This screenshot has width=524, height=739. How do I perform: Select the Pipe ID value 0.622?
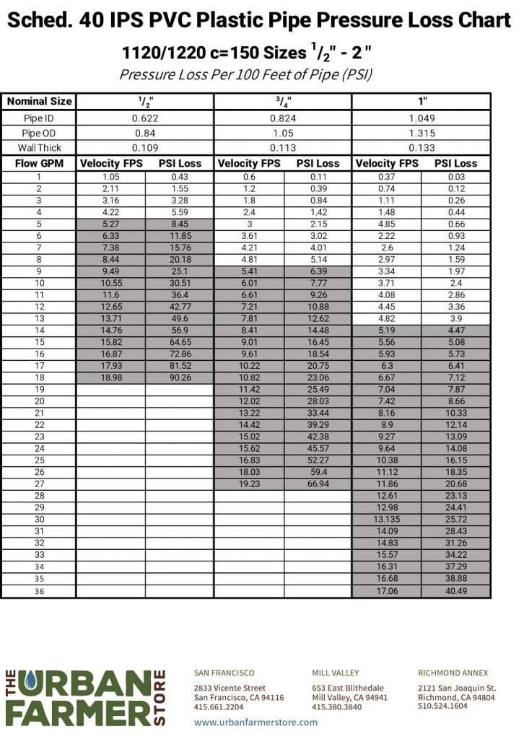pyautogui.click(x=144, y=118)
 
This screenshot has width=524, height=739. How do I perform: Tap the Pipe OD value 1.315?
pyautogui.click(x=422, y=133)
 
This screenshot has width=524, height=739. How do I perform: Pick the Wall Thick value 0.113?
pyautogui.click(x=283, y=147)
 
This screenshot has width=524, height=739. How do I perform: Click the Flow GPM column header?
pyautogui.click(x=39, y=164)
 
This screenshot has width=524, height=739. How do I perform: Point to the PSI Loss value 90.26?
pyautogui.click(x=180, y=378)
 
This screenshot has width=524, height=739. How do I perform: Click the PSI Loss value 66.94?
pyautogui.click(x=318, y=484)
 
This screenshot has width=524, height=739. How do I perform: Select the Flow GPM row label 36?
pyautogui.click(x=39, y=590)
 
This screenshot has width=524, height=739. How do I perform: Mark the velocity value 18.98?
pyautogui.click(x=110, y=378)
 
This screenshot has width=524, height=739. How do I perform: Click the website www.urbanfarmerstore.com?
pyautogui.click(x=256, y=722)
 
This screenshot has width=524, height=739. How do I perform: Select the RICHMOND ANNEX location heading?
pyautogui.click(x=453, y=673)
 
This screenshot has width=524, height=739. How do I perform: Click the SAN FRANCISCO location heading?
pyautogui.click(x=224, y=673)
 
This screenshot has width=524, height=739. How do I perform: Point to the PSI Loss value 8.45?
pyautogui.click(x=180, y=224)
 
